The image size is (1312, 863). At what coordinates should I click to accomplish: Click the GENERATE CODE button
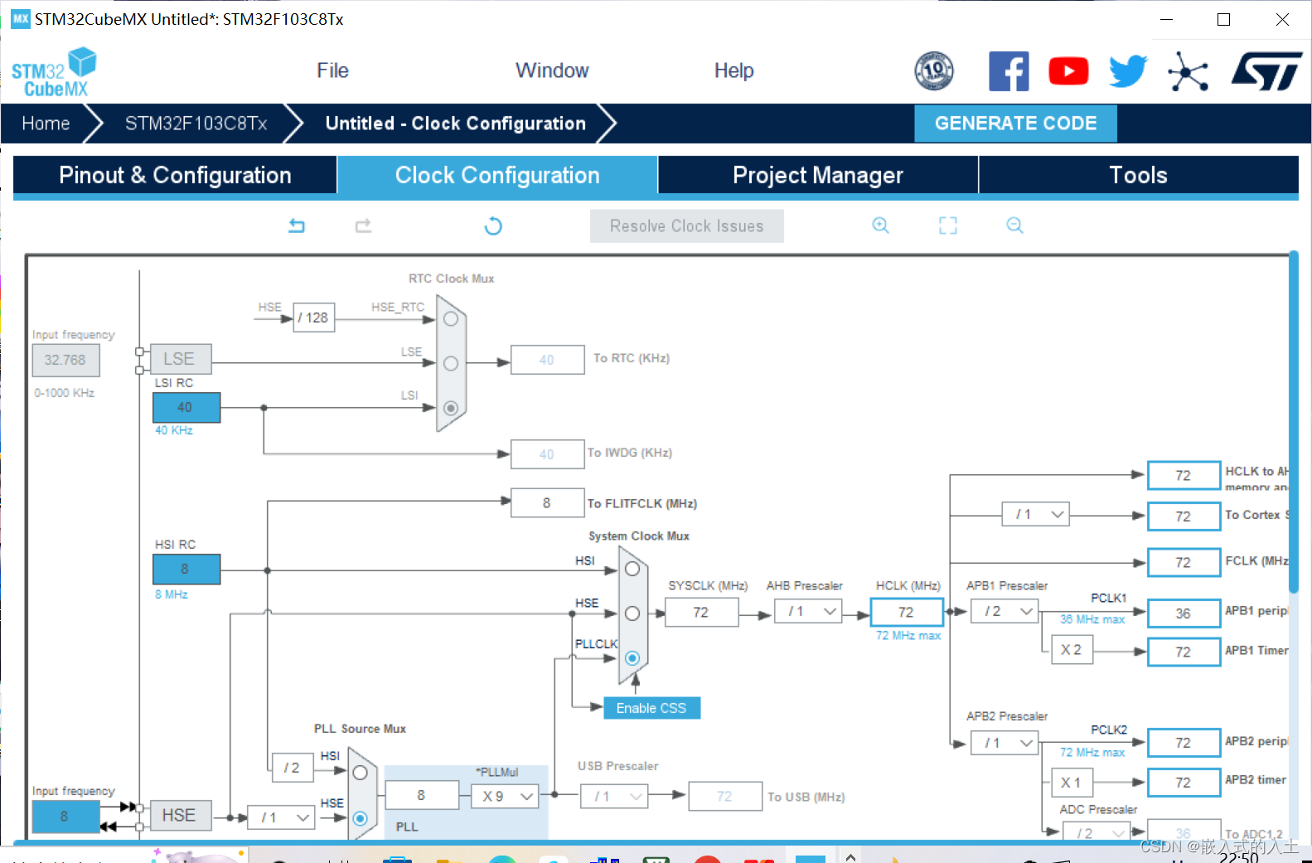pos(1015,124)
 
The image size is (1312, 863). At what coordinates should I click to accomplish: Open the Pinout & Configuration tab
pos(175,175)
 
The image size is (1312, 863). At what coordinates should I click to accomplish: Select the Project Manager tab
pos(817,175)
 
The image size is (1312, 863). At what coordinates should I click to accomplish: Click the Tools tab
pos(1138,175)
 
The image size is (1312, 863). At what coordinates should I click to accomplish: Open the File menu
pos(332,70)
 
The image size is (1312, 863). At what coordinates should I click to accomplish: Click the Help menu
pos(733,70)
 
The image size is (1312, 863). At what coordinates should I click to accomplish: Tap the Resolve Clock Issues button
pos(686,226)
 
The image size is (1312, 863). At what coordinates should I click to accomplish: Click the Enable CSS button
pos(651,708)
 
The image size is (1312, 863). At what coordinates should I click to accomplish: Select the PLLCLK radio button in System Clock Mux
pos(632,658)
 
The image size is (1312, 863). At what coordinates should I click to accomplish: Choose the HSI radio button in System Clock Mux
pos(632,569)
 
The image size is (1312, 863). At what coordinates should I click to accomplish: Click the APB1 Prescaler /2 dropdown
pos(1006,612)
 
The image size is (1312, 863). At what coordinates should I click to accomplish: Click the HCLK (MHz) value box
pos(906,612)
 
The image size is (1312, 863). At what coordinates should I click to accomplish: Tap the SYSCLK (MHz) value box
pos(700,612)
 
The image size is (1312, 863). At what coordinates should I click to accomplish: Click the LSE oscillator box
pos(179,359)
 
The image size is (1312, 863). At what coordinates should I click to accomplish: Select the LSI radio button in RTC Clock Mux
pos(451,408)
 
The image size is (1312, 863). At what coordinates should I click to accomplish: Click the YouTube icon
pos(1068,71)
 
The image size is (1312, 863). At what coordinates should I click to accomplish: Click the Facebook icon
pos(1009,71)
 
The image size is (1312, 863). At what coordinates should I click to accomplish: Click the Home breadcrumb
pos(46,124)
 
